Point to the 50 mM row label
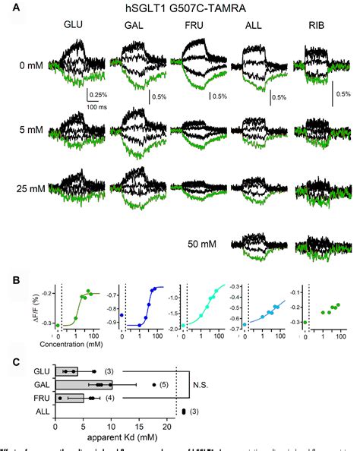click(x=204, y=246)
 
